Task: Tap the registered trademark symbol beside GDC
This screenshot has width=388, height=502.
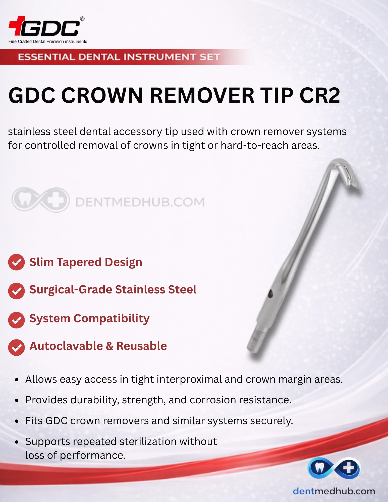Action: click(x=82, y=19)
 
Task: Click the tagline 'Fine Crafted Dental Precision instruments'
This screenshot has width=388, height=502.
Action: click(x=48, y=42)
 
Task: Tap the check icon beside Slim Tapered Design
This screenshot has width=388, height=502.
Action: click(x=16, y=262)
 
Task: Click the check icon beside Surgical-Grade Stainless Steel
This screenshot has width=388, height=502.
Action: click(x=16, y=291)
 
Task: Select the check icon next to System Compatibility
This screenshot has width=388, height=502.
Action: click(x=16, y=320)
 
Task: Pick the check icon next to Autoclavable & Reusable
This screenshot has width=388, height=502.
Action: click(x=16, y=347)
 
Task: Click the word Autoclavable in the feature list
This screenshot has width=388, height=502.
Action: click(x=66, y=346)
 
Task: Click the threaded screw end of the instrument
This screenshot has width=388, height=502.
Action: click(x=257, y=341)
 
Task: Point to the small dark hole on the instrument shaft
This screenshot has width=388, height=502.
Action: click(x=270, y=293)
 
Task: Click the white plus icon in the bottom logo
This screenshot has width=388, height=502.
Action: click(x=349, y=468)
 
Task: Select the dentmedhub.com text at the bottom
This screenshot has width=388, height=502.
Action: click(x=334, y=491)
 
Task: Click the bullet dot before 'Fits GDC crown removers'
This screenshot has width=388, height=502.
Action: click(x=17, y=421)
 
